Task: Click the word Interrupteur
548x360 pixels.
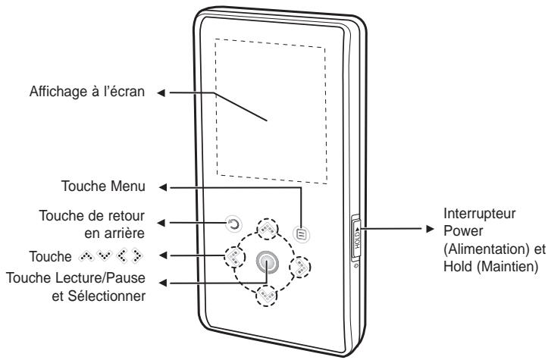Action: coord(469,214)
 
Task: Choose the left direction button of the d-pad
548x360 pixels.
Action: coord(231,256)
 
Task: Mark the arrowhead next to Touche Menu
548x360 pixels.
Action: coord(161,185)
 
